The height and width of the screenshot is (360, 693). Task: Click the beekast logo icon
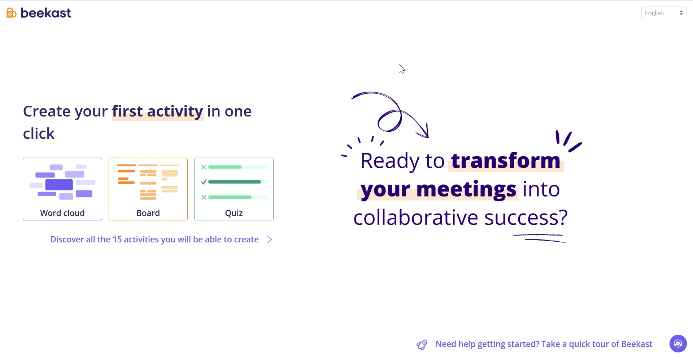pos(12,13)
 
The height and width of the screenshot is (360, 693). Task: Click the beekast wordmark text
pos(46,13)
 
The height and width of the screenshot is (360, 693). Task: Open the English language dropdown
pos(663,13)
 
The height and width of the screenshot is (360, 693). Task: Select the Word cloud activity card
pos(62,189)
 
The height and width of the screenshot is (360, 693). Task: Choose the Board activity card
pos(148,189)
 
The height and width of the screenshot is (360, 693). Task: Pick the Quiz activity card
pos(234,189)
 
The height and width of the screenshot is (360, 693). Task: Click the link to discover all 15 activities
pos(154,240)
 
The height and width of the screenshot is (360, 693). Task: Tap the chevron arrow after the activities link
pos(269,240)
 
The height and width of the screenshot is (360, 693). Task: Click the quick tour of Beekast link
pos(544,344)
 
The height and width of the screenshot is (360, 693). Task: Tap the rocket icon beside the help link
pos(422,345)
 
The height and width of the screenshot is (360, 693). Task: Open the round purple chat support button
pos(678,343)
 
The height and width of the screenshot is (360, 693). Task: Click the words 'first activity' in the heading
pos(158,111)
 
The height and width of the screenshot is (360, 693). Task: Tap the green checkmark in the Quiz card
pos(204,182)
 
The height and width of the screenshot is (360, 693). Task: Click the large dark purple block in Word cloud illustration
pos(59,185)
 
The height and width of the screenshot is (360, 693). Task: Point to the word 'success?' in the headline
pos(526,218)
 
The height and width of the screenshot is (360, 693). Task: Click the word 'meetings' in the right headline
pos(466,189)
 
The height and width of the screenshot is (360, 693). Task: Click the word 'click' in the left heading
pos(39,134)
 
